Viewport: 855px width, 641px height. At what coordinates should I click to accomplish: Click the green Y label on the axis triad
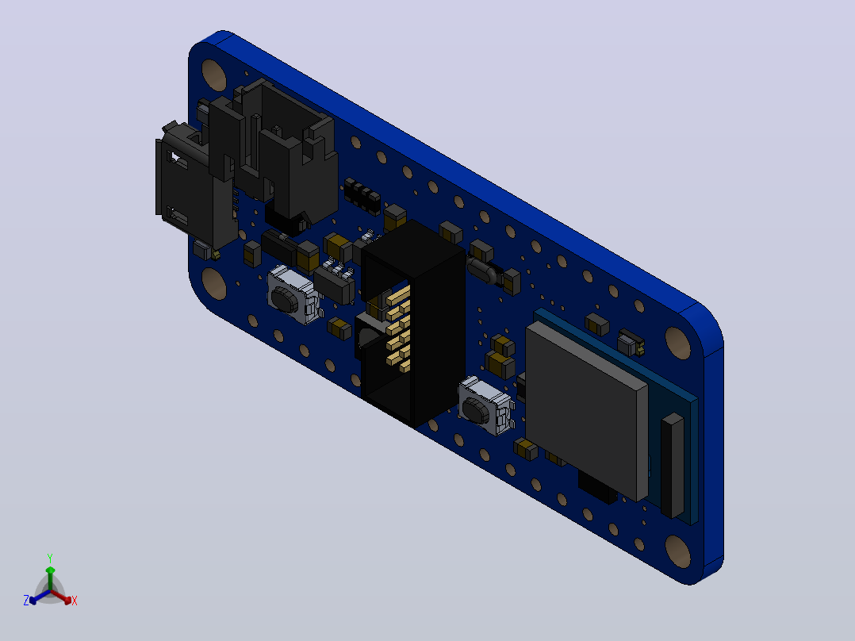click(x=50, y=558)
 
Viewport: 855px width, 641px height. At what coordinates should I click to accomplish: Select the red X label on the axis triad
click(x=75, y=601)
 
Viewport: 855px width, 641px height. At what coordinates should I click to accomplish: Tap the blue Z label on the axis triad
click(x=26, y=600)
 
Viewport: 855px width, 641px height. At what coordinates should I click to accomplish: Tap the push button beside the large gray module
click(x=485, y=406)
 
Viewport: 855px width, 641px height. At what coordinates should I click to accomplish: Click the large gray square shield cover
click(x=586, y=409)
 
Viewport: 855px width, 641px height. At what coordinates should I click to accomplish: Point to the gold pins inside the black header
click(x=397, y=328)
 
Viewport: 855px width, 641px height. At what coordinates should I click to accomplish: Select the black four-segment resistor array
click(x=362, y=195)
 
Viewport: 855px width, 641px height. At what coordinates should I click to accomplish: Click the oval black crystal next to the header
click(x=483, y=271)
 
